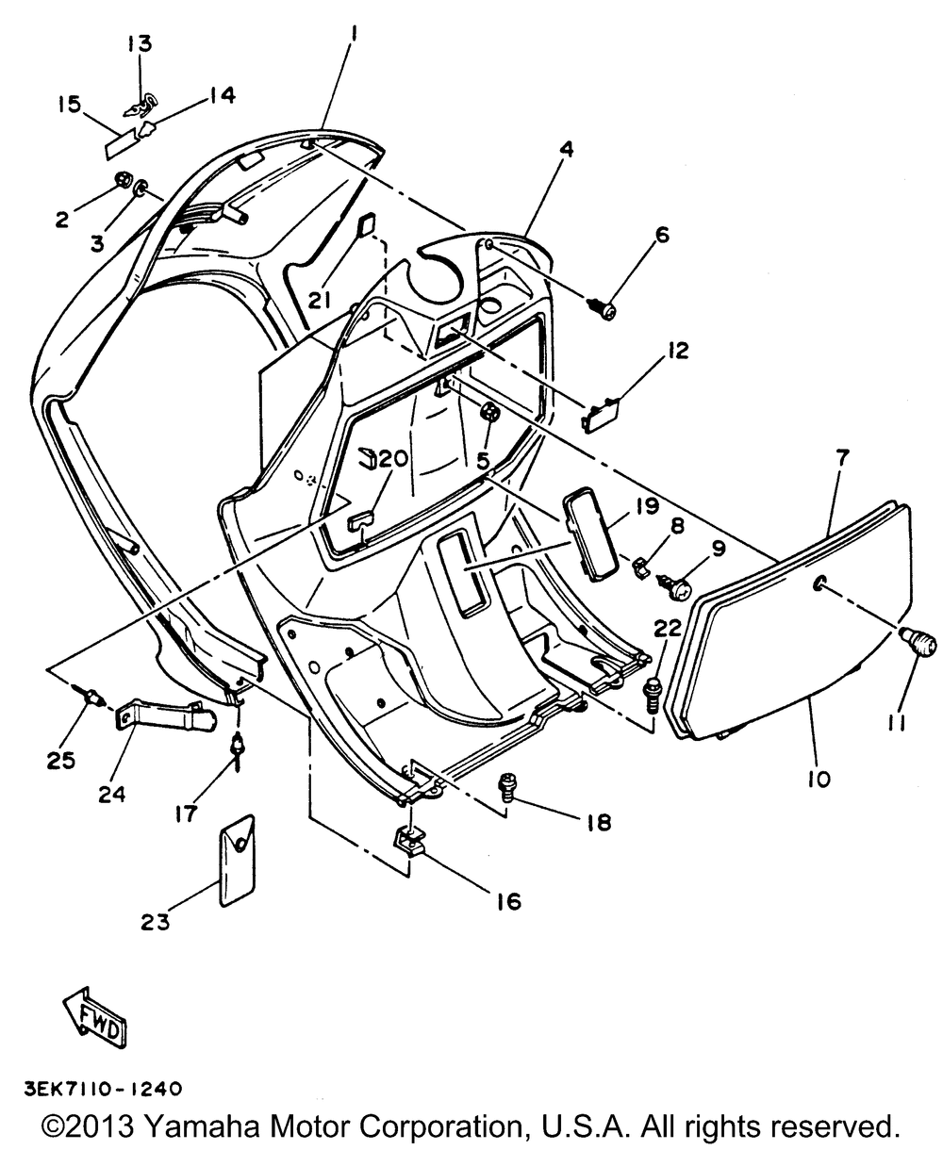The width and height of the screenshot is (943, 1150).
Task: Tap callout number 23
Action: (157, 922)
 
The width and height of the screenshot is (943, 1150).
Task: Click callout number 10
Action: (818, 779)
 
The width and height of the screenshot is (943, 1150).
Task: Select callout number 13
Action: (139, 44)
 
